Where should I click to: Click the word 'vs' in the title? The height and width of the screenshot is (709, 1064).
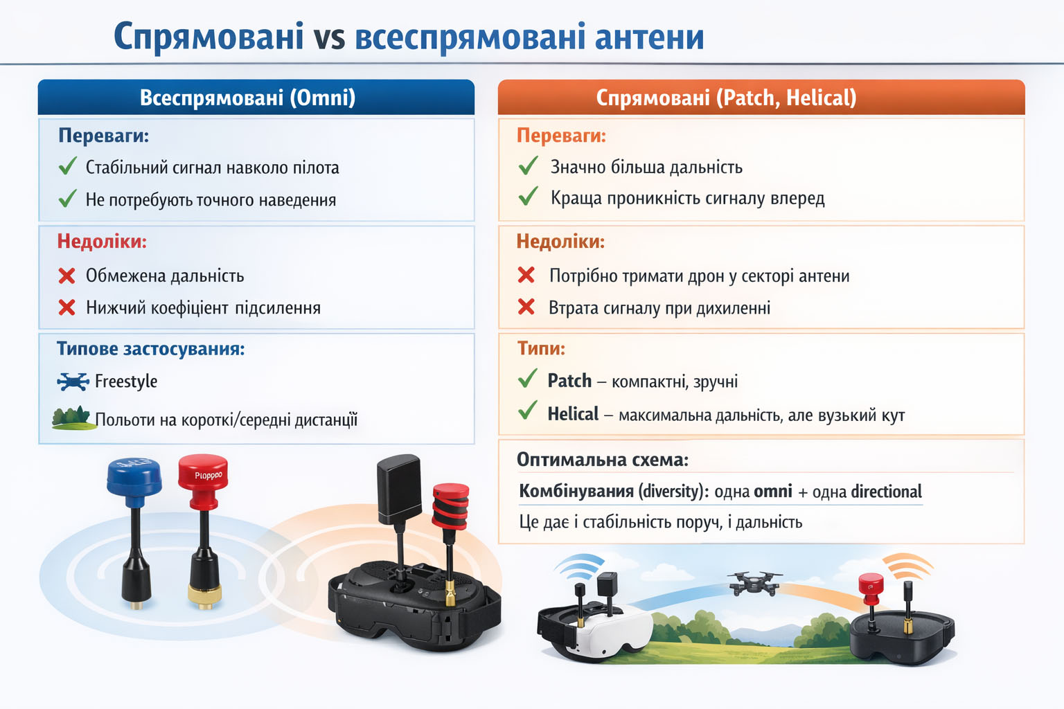click(x=329, y=38)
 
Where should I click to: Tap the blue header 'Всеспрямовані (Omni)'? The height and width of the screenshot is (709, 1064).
click(x=247, y=98)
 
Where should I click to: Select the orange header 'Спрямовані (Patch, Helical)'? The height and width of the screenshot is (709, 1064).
click(x=726, y=98)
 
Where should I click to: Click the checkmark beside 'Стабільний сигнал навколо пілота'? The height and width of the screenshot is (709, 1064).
click(x=68, y=166)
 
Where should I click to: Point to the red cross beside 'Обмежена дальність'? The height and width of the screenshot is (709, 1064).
click(x=67, y=276)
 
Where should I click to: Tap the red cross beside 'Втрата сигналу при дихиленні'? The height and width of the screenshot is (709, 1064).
click(x=526, y=307)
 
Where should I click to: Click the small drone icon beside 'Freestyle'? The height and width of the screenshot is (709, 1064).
click(x=73, y=382)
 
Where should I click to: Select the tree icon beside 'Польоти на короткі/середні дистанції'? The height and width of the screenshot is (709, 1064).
click(x=72, y=418)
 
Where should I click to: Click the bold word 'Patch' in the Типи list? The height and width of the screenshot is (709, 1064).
click(x=569, y=381)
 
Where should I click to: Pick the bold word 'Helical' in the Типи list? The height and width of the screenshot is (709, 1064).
click(x=573, y=414)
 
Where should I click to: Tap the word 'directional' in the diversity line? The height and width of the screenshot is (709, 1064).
click(x=886, y=492)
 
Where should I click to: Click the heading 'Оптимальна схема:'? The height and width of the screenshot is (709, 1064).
click(x=603, y=460)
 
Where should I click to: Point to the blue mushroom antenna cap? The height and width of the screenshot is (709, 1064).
click(x=134, y=476)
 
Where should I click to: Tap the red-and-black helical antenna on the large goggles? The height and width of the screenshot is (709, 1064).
click(x=450, y=506)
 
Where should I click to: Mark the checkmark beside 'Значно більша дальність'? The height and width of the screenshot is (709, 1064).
click(x=528, y=166)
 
